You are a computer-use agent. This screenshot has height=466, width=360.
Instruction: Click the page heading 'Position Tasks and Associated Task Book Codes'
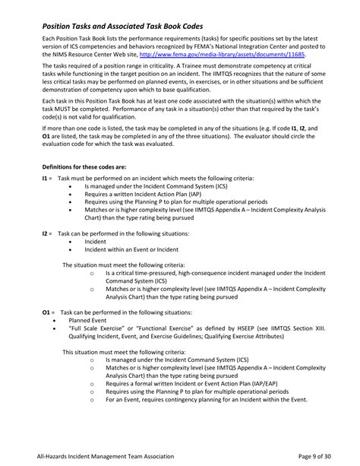(134, 24)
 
